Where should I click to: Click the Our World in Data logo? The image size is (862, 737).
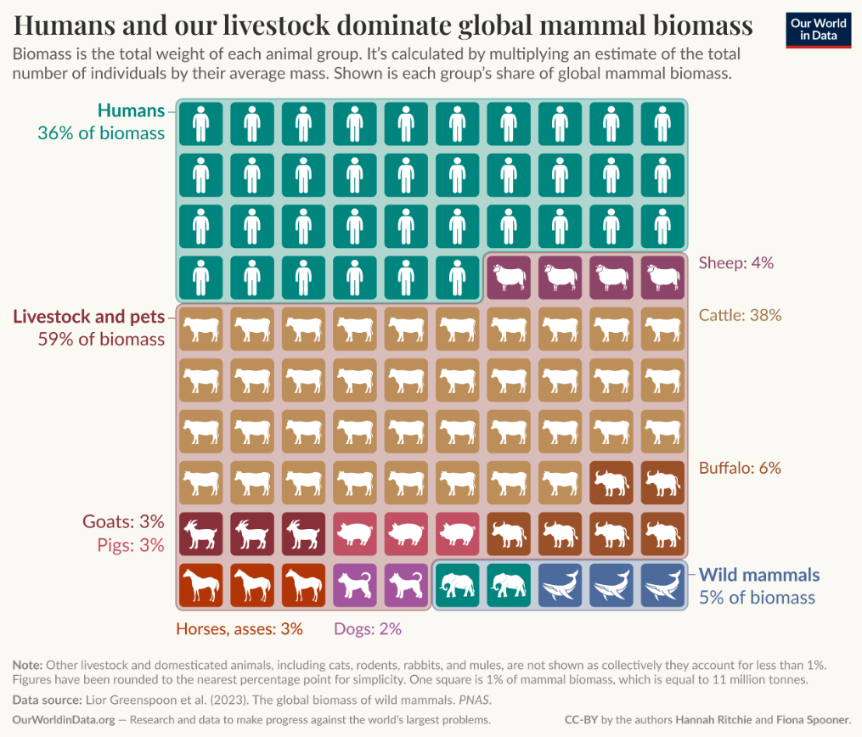coord(818,29)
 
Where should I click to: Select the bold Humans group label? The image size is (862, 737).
coord(131,110)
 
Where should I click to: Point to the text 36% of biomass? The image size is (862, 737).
coord(101,133)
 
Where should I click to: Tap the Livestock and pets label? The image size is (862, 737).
coord(88,317)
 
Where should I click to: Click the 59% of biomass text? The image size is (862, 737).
coord(101,340)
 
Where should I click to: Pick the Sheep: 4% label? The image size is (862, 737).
coord(735,262)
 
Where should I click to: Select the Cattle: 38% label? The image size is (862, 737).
coord(739,315)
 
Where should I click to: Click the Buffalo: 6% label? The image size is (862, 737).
coord(740,468)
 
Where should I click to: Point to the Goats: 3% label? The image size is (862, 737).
coord(122,521)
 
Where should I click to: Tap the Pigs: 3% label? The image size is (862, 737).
coord(127,545)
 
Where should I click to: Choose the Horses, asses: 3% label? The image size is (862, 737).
coord(239,629)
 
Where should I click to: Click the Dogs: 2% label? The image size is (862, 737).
coord(368,629)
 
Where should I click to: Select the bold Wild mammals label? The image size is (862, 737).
coord(759,575)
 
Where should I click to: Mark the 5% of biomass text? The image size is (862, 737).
coord(757,598)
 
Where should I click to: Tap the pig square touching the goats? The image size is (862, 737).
coord(355,534)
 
